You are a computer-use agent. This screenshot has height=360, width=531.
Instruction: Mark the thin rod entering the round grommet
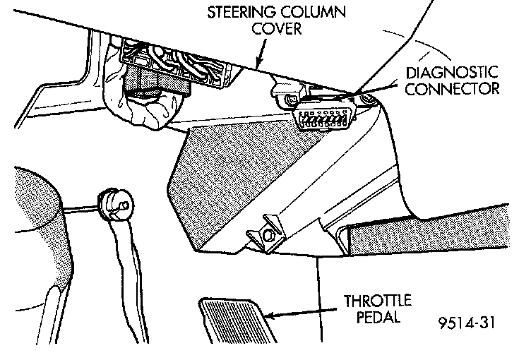(x=81, y=208)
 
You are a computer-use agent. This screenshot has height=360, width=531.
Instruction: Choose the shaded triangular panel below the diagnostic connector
(x=233, y=169)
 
